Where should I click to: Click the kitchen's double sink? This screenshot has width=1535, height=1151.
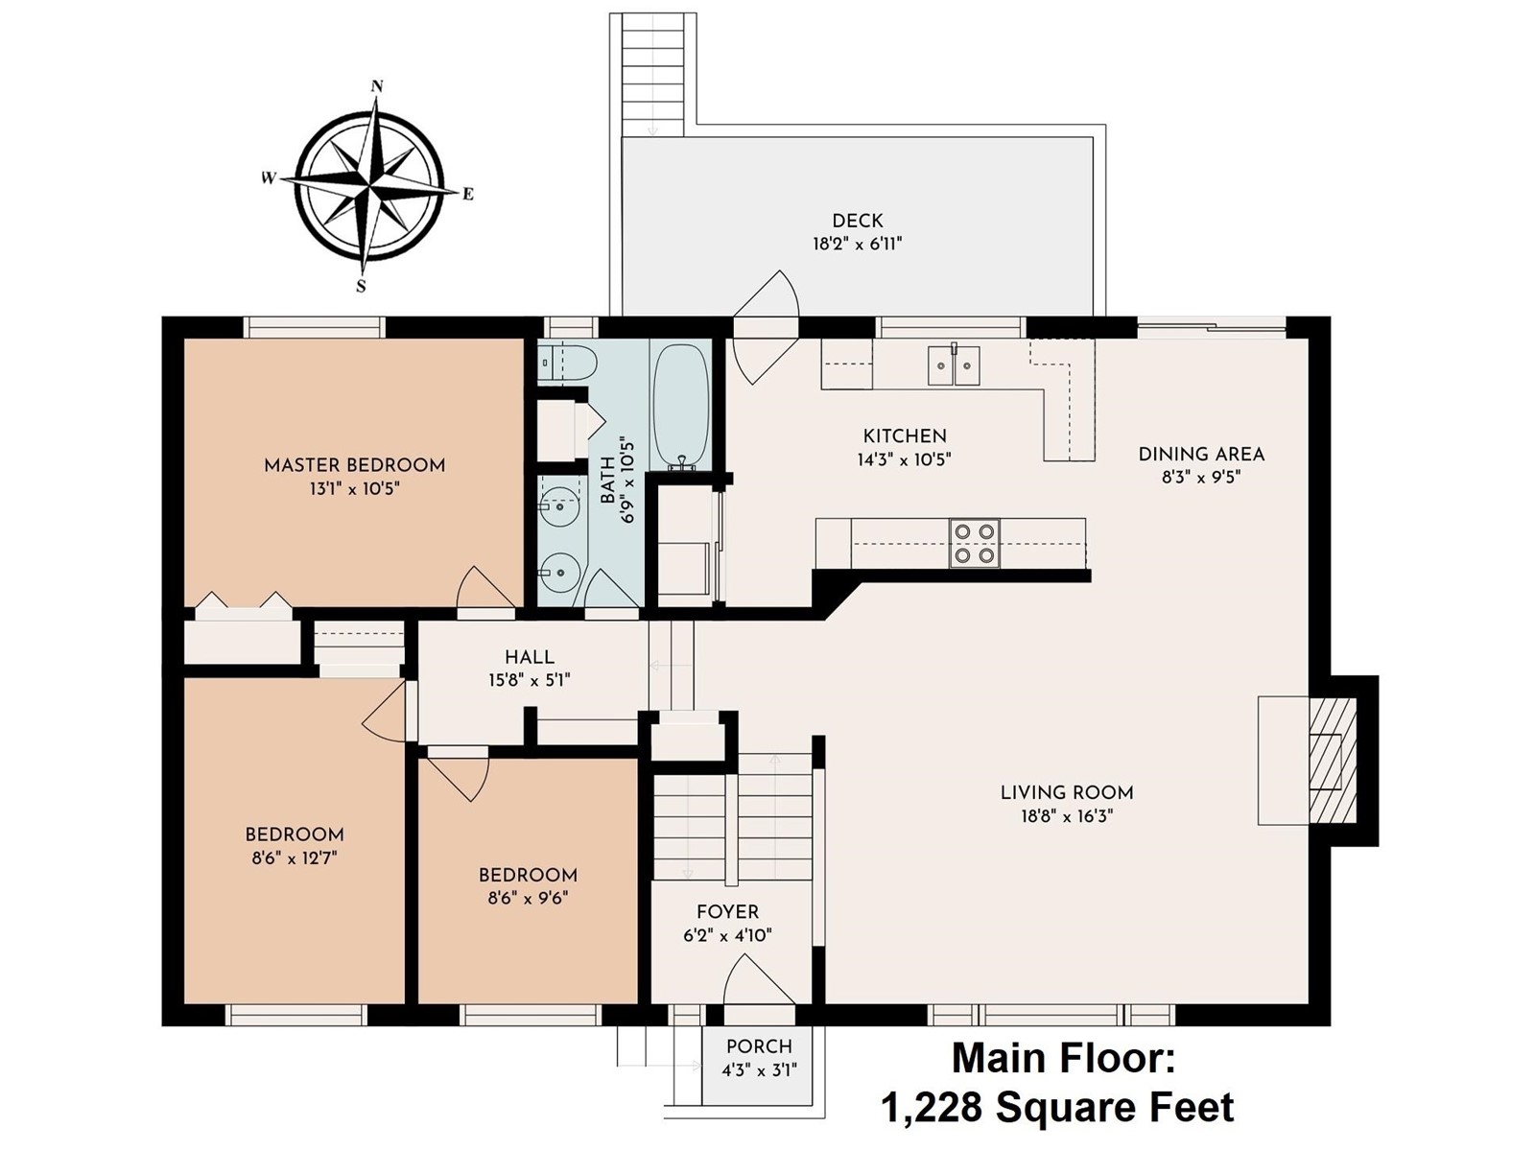coord(955,364)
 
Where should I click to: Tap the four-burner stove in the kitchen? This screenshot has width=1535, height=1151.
coord(974,543)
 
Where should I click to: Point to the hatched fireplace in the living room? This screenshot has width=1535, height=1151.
coord(1333,761)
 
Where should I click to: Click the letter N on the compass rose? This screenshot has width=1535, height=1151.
coord(377,86)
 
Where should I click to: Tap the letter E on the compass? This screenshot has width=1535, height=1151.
coord(468,194)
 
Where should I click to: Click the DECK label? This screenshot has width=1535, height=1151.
coord(858,221)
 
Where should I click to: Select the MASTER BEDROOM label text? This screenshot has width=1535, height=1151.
coord(355,465)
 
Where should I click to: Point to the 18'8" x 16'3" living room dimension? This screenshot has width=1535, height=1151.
coord(1067,816)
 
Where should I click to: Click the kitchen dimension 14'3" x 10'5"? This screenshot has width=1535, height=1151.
coord(905,459)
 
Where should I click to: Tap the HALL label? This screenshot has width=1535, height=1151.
coord(530,657)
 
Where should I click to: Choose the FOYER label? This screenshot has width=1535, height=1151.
coord(727,912)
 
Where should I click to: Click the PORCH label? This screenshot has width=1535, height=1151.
coord(759,1046)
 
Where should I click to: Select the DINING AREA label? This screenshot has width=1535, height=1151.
coord(1201,455)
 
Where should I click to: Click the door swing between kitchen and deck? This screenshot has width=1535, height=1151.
coord(766,327)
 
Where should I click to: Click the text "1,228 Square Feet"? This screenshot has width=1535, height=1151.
coord(1058,1108)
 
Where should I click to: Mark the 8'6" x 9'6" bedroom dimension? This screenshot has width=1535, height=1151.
coord(528,898)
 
